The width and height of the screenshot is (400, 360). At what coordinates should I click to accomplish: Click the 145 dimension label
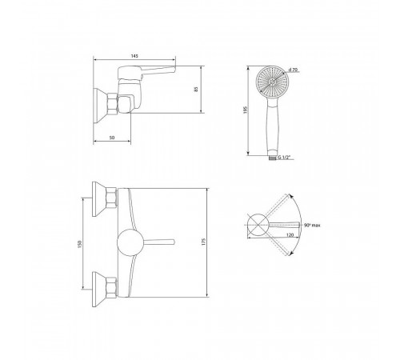134,56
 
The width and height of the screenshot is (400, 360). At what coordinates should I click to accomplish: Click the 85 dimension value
197,90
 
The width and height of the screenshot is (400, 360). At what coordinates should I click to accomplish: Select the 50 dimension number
112,138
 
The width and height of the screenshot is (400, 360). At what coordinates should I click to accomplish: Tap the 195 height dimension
246,110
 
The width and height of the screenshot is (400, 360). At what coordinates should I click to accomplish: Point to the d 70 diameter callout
293,70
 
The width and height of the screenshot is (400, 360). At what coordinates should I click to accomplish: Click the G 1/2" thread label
284,158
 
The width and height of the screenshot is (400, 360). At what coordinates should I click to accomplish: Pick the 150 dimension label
79,244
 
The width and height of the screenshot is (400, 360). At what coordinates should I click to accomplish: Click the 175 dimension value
204,242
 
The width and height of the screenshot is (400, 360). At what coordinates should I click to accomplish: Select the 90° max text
312,225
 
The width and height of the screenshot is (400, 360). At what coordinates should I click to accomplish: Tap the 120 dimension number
290,235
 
